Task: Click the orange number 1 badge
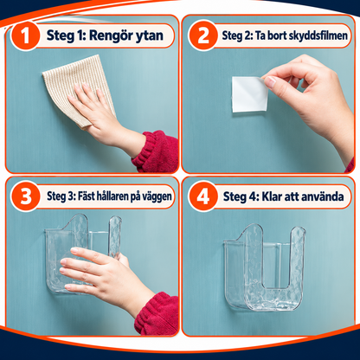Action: (25, 36)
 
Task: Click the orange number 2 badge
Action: (203, 35)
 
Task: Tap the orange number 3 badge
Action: (25, 196)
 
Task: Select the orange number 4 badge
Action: (203, 196)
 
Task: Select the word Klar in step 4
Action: (272, 196)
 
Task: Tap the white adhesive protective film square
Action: (250, 94)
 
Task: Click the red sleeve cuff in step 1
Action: (156, 151)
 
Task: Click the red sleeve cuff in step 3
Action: (157, 313)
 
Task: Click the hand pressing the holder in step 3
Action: (104, 277)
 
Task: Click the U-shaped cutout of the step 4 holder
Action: (273, 266)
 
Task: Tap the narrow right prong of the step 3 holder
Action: (115, 237)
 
